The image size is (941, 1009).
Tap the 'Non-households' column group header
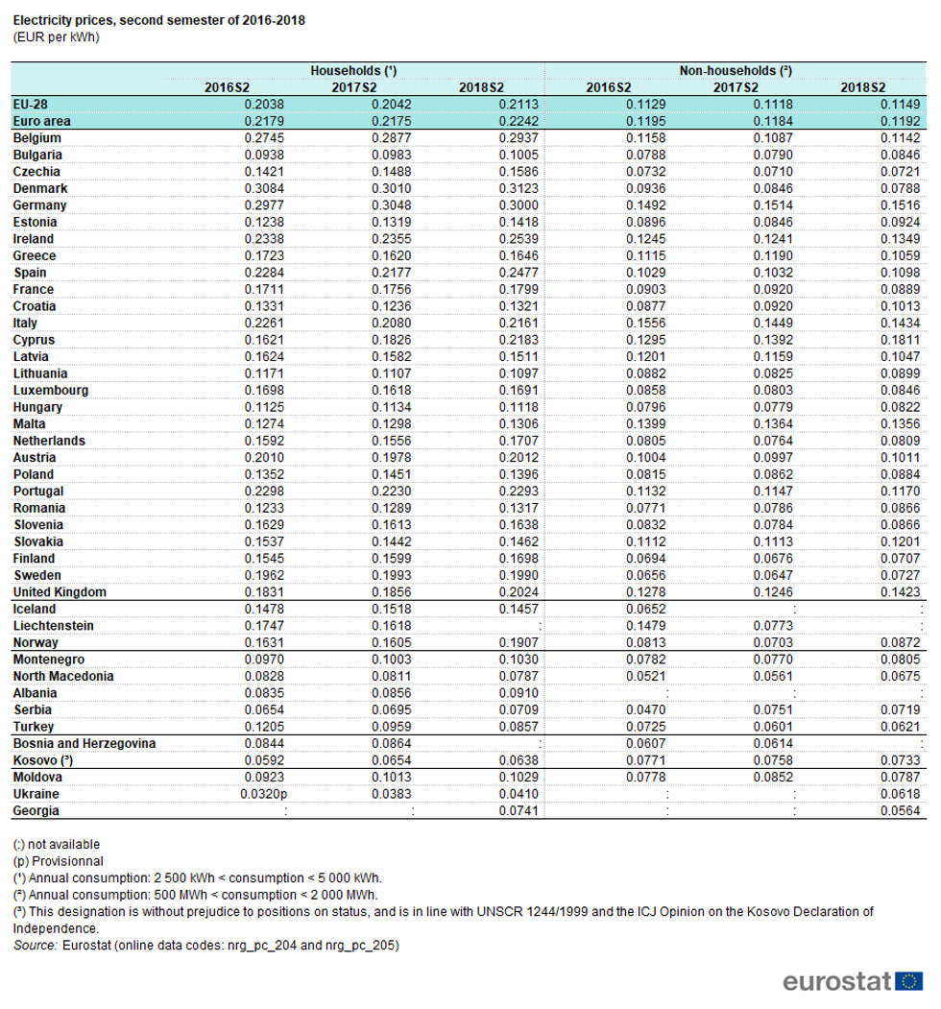736,71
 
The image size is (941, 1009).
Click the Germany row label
39,205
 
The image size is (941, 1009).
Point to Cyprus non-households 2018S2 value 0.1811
902,340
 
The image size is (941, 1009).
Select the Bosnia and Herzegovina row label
84,743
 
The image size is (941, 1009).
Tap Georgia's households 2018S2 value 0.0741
518,811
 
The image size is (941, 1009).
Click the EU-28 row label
31,105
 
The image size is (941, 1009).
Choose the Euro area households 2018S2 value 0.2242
518,122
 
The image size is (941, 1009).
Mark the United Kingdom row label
60,591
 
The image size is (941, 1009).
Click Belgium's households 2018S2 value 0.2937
518,138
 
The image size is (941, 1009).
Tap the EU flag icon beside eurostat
908,981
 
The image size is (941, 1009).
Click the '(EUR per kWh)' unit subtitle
57,37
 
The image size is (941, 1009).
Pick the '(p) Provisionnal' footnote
59,861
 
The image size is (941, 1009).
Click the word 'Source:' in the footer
36,946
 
